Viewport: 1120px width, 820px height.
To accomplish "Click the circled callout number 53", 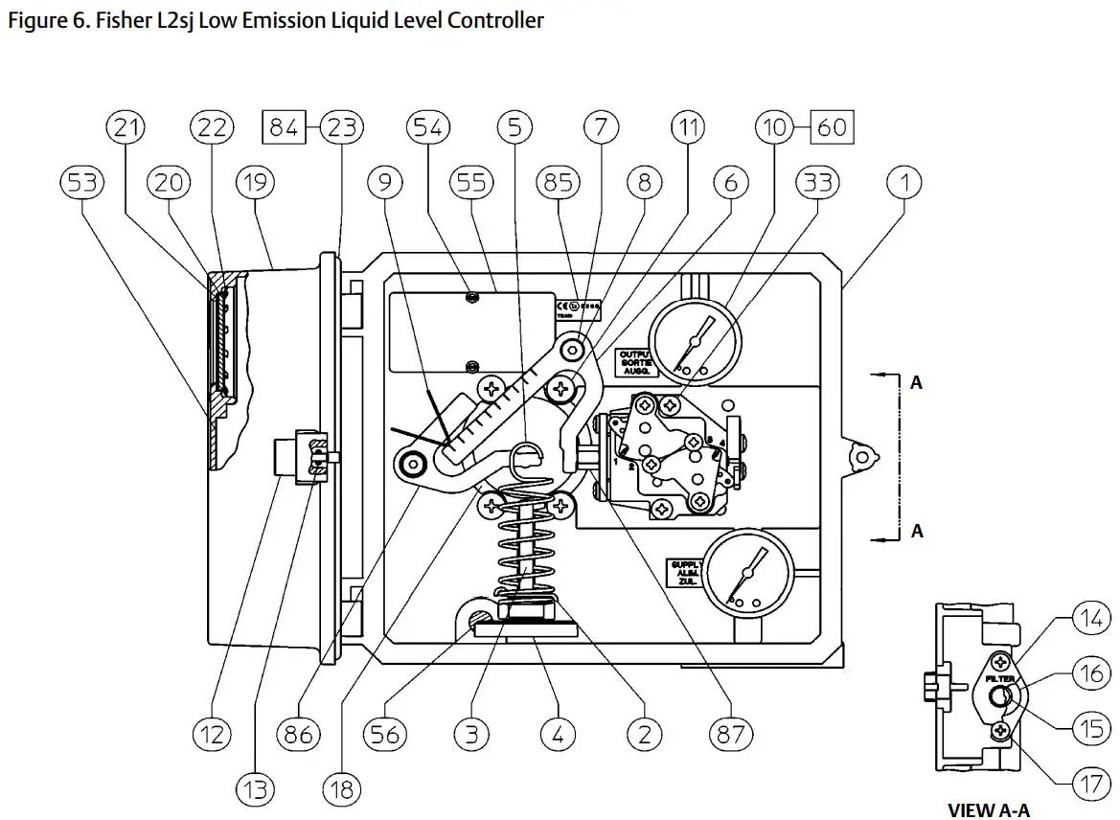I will (83, 181).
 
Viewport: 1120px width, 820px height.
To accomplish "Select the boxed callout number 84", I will (284, 126).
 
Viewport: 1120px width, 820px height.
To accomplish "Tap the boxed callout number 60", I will (832, 126).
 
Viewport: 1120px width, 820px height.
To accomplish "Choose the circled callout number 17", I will (1091, 782).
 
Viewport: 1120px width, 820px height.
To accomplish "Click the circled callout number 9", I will (385, 181).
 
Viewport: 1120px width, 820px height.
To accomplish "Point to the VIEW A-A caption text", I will (988, 809).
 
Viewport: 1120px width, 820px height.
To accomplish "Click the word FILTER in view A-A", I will (999, 677).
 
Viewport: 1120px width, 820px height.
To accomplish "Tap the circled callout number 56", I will (386, 734).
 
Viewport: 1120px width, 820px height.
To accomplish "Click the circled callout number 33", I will (817, 181).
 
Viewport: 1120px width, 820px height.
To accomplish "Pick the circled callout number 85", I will (559, 181).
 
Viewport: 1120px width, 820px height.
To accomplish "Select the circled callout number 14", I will (1091, 619).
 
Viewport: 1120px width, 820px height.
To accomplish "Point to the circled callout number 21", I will (127, 126).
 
